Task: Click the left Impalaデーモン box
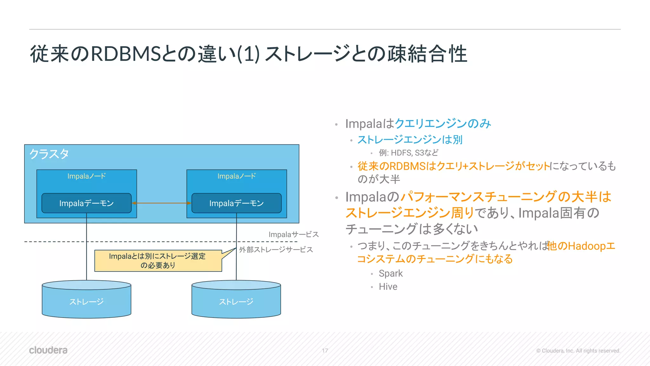pos(86,203)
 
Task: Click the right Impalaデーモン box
pos(236,203)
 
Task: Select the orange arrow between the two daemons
pos(162,203)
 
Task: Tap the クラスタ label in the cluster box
pos(49,154)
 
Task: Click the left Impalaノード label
pos(86,176)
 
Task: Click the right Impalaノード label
pos(236,176)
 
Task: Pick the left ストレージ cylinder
pos(86,301)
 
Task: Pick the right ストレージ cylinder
pos(236,301)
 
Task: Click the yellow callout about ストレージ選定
pos(158,261)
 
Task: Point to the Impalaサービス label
pos(293,234)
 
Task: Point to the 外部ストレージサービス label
pos(276,250)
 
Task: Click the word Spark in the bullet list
pos(390,274)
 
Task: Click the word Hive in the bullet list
pos(388,287)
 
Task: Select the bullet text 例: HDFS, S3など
pos(408,153)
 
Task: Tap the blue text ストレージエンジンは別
pos(410,140)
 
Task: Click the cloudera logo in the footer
pos(48,350)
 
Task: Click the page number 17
pos(325,350)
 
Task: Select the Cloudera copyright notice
pos(578,351)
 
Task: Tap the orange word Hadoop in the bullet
pos(587,246)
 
